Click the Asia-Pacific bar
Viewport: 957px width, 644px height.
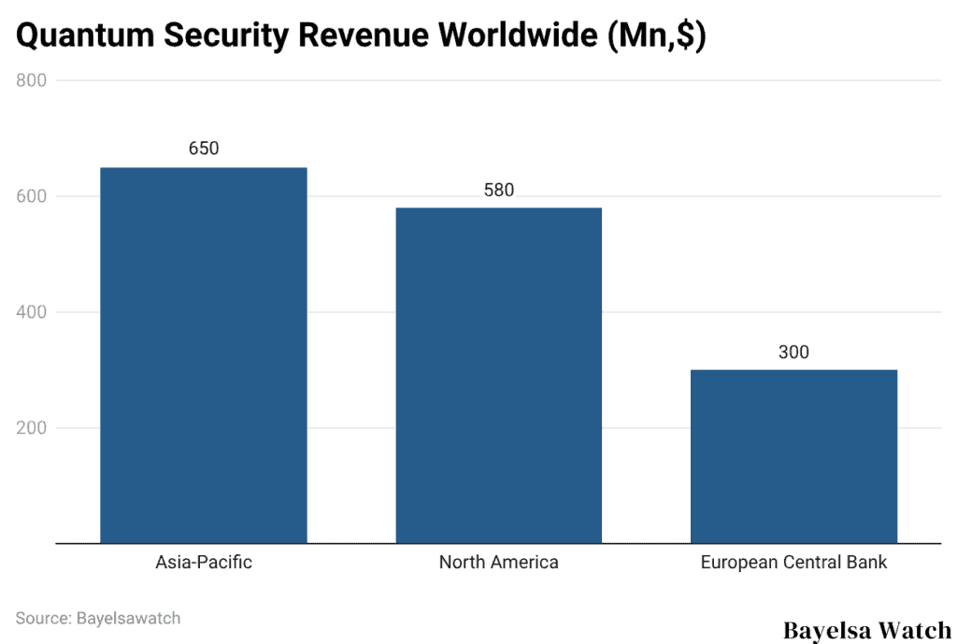point(204,355)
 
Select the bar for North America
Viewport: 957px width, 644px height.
point(498,375)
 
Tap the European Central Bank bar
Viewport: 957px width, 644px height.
point(793,456)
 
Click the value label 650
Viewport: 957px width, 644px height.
point(203,149)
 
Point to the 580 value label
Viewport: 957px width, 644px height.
point(498,190)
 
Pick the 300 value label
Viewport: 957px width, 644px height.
point(793,352)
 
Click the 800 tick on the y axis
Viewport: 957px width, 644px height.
point(32,81)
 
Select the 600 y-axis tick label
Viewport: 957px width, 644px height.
point(32,196)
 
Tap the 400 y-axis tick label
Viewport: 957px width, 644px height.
point(32,312)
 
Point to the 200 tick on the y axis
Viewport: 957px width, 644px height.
point(32,428)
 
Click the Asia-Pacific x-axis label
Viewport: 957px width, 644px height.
point(203,563)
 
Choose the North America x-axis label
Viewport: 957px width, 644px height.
point(498,563)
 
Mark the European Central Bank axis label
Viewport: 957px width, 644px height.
point(793,563)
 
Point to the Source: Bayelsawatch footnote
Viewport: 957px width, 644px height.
point(98,618)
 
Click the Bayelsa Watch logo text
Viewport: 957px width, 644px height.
point(866,629)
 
